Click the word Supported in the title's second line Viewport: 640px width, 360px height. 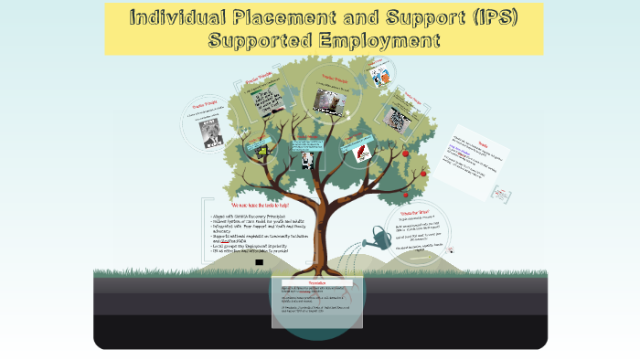click(261, 41)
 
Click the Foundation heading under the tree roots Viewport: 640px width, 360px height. click(315, 283)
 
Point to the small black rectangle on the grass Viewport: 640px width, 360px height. click(260, 263)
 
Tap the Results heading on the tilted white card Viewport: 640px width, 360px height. click(485, 144)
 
